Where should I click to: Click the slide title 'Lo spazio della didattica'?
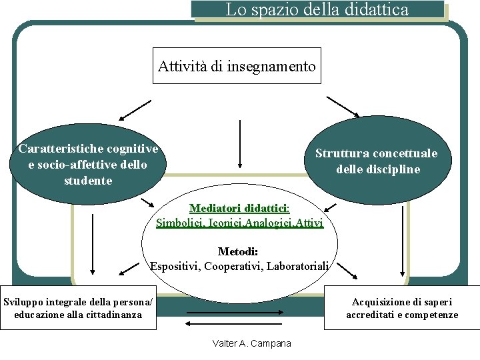[317, 10]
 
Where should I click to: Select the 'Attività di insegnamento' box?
[237, 66]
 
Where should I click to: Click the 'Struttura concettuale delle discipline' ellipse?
[377, 161]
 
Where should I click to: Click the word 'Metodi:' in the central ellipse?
[238, 251]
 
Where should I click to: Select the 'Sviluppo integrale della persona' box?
[78, 308]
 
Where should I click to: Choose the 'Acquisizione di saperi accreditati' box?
[402, 308]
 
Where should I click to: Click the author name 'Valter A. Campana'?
[251, 343]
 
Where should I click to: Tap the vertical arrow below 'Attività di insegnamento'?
[239, 143]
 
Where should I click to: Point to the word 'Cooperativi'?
[233, 266]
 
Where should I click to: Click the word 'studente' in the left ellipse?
[88, 181]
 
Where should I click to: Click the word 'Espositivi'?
[175, 266]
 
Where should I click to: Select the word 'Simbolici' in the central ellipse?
[180, 223]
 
